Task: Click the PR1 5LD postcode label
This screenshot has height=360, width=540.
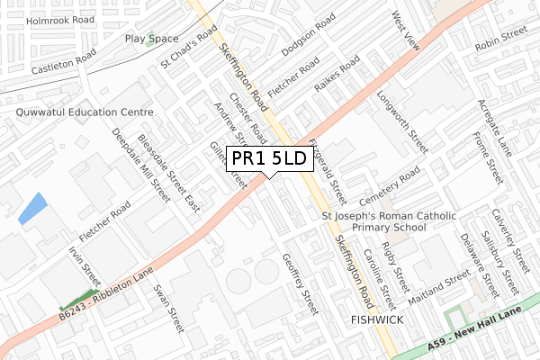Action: [x=269, y=159]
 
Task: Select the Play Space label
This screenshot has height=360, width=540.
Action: [x=151, y=39]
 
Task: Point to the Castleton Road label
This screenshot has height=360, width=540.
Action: [x=64, y=62]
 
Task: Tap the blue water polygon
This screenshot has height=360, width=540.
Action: [x=32, y=209]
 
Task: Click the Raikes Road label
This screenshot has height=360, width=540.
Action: [x=337, y=75]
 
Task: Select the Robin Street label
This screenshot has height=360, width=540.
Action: [x=500, y=41]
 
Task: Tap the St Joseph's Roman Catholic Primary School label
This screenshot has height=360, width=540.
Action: [x=388, y=222]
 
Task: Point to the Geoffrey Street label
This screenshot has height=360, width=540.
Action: [x=301, y=283]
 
